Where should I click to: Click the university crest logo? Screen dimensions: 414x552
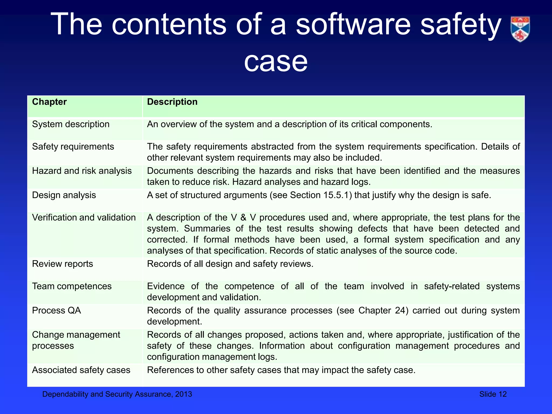(x=520, y=29)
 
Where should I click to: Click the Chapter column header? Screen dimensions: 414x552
(x=49, y=102)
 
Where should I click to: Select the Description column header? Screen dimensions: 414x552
(x=172, y=102)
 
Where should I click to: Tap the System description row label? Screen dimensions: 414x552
(x=71, y=124)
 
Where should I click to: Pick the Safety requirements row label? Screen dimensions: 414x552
(x=73, y=147)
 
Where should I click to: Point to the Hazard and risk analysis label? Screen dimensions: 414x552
(x=82, y=171)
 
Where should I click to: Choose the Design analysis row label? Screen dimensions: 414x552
(x=64, y=195)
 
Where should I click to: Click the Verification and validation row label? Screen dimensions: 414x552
(x=84, y=218)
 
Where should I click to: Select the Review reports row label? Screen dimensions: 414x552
(x=62, y=264)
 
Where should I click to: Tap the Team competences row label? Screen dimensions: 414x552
(x=72, y=286)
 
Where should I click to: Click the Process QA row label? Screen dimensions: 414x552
(x=56, y=310)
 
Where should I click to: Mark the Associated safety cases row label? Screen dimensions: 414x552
(x=81, y=370)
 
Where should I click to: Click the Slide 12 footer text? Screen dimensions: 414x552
(x=493, y=394)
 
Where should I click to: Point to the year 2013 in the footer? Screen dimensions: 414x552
(x=184, y=394)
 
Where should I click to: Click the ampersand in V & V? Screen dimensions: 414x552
(x=243, y=218)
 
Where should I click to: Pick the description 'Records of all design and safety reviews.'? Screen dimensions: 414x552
(x=230, y=264)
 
